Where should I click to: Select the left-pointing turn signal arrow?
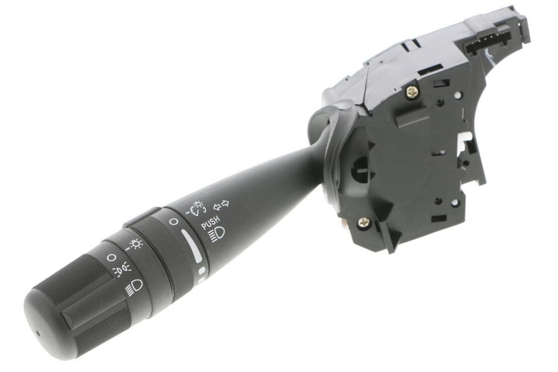pos(216,207)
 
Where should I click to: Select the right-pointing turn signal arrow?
pos(225,204)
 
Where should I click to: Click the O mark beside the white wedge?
pos(173,222)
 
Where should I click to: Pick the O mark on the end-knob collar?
pos(112,257)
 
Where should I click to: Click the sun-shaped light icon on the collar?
pos(134,244)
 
